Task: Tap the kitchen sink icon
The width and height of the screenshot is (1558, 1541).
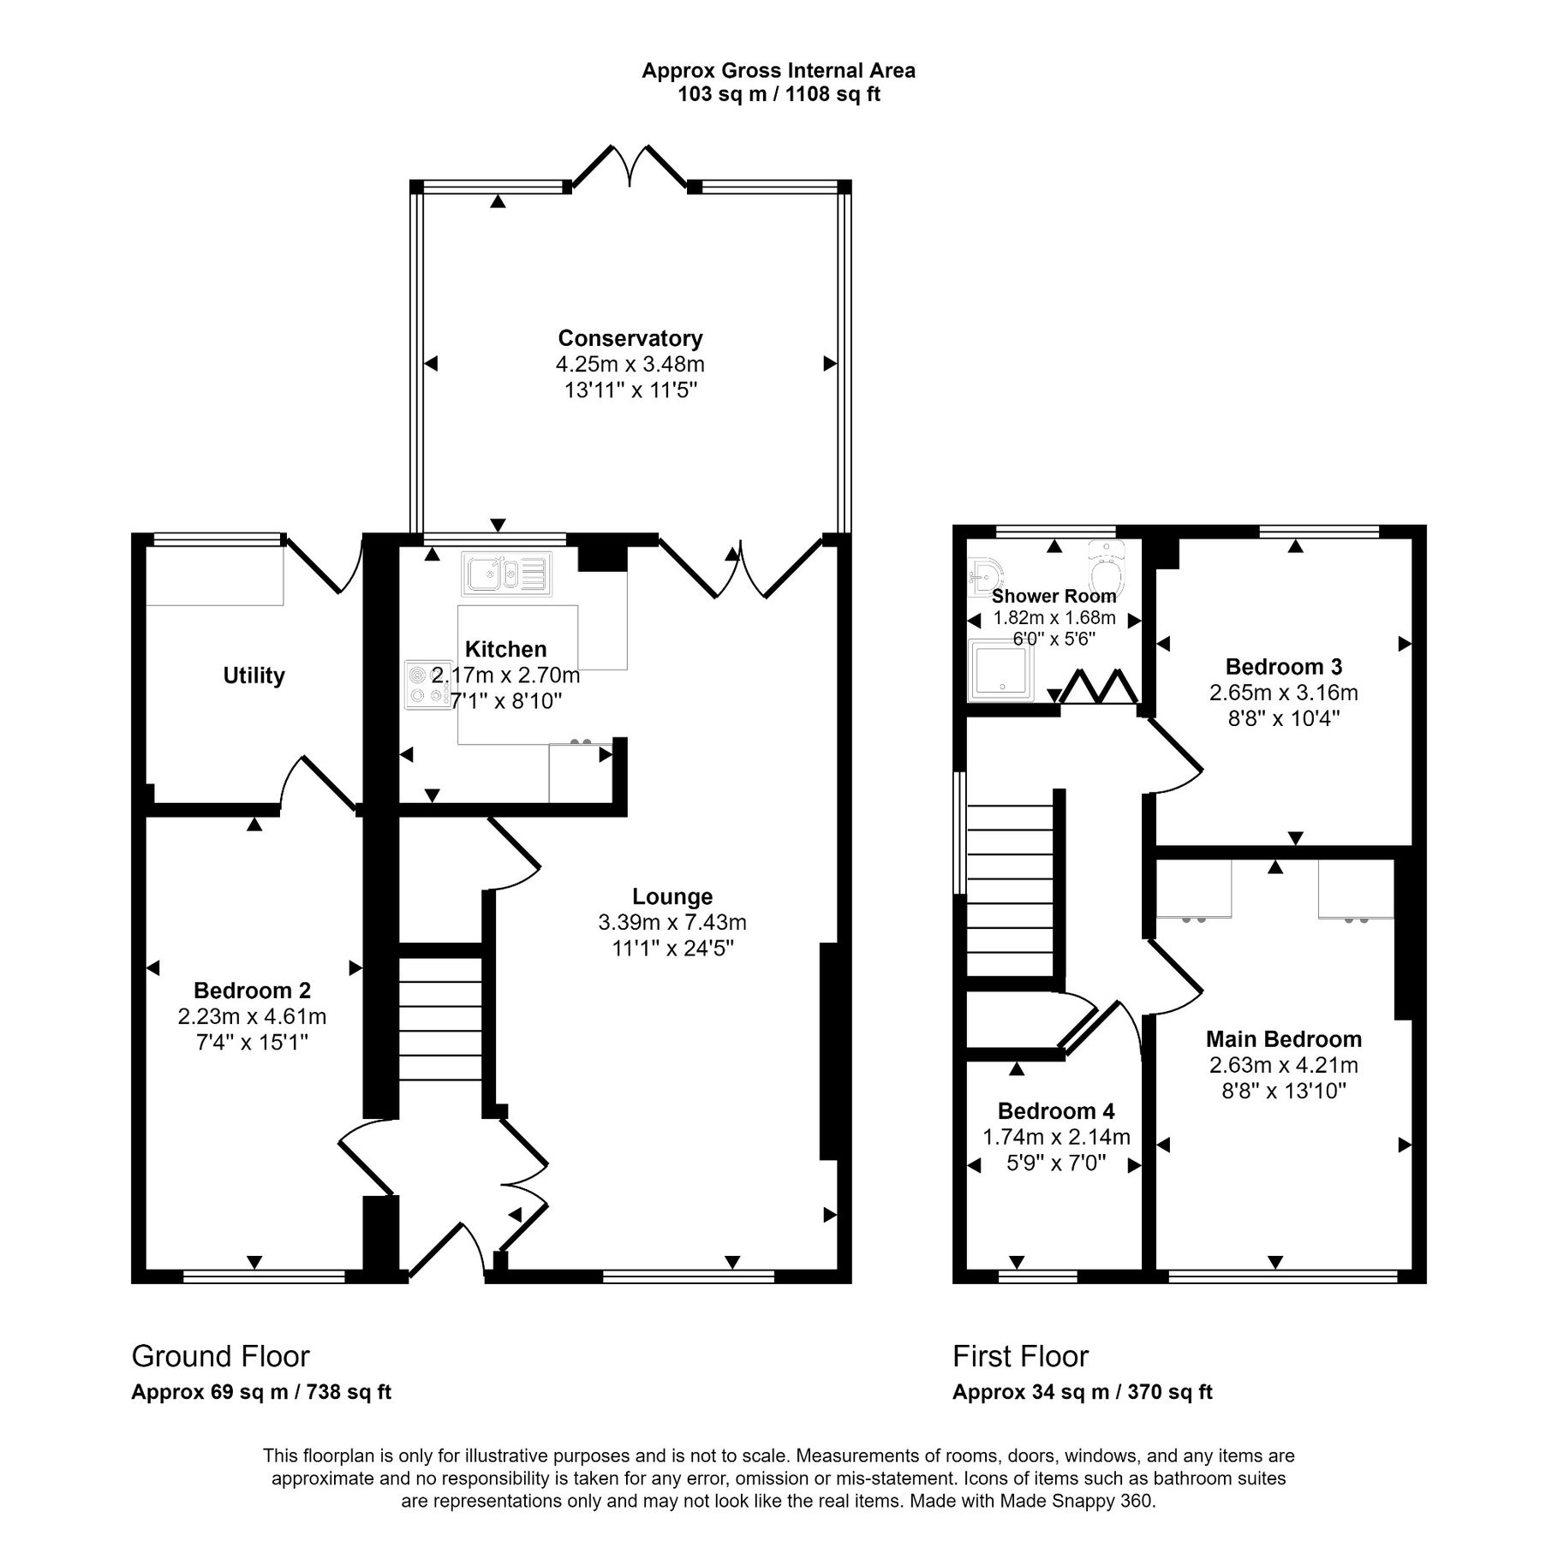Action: (506, 574)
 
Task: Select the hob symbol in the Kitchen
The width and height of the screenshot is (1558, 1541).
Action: (427, 685)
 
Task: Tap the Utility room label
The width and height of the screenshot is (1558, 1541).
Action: (254, 675)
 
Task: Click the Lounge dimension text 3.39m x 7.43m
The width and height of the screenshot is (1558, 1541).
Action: (672, 923)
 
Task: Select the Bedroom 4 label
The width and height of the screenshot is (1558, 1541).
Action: (1055, 1111)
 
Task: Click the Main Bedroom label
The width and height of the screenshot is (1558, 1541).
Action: (1283, 1039)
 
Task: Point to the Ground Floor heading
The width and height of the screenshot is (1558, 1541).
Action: (220, 1356)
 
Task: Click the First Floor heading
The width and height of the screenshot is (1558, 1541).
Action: (1019, 1356)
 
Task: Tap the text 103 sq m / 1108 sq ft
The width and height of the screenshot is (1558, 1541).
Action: (778, 95)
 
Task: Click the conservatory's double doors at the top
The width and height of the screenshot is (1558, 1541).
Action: (630, 167)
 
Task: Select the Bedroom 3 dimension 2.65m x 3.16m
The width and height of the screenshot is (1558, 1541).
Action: (1283, 693)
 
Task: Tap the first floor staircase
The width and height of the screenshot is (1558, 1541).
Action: (1009, 890)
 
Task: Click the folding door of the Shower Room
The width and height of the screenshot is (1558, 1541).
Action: (1099, 687)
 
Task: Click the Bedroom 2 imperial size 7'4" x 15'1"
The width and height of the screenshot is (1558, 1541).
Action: (252, 1043)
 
